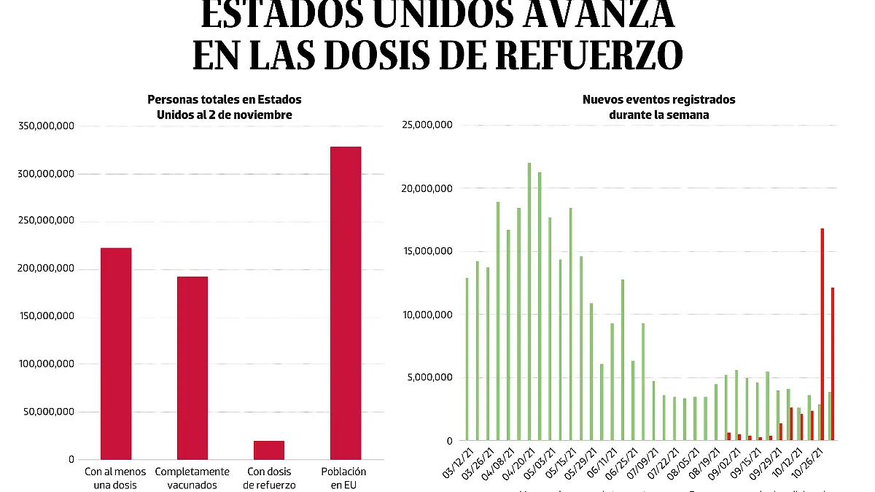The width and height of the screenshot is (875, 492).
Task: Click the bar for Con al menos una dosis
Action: [116, 353]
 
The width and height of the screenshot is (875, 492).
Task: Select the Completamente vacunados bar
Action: [192, 368]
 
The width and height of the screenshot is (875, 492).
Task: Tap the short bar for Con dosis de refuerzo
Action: [269, 450]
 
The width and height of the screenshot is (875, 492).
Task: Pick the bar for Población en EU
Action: [346, 303]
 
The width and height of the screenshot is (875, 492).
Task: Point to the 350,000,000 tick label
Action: [47, 126]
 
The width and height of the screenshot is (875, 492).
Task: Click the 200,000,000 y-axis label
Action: [47, 269]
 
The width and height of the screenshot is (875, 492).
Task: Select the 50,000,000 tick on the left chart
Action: [50, 412]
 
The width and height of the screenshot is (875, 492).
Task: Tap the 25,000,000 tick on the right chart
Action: [427, 125]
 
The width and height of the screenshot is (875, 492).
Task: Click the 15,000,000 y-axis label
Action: [427, 251]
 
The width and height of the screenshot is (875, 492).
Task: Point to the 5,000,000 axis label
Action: [430, 377]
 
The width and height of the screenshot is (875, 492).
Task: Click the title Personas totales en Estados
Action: [225, 99]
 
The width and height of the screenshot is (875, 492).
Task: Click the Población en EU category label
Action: [343, 477]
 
